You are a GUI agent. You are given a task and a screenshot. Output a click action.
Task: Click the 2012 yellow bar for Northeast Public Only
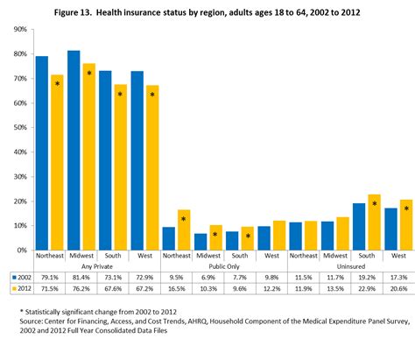(183, 229)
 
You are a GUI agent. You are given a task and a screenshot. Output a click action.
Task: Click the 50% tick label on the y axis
(18, 128)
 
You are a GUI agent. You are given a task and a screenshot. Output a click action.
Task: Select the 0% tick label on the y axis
(19, 250)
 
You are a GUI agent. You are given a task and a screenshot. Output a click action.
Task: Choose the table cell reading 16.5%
(176, 287)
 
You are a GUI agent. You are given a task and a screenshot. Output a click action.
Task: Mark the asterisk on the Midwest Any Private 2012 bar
(88, 74)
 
